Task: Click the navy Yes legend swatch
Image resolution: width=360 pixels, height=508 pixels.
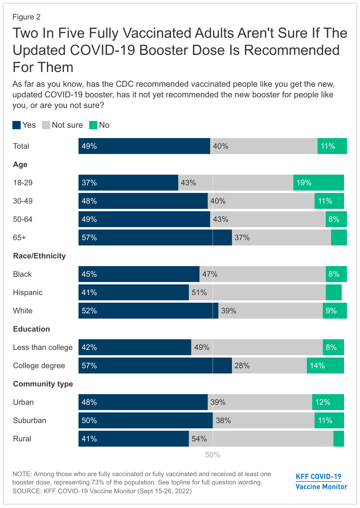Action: [x=17, y=125]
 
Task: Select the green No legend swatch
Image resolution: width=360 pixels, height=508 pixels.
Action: [x=93, y=125]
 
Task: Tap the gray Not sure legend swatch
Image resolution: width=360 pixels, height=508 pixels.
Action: [x=46, y=125]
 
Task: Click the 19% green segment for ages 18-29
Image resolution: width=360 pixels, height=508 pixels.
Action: [x=319, y=183]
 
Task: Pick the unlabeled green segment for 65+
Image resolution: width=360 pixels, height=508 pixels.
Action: [x=339, y=237]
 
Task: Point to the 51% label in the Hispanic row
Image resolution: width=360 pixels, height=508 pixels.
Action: [x=199, y=292]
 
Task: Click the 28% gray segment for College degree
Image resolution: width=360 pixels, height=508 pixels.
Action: [x=269, y=366]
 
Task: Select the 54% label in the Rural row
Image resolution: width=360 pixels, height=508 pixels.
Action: [x=199, y=439]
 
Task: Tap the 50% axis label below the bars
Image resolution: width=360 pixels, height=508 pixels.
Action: [x=212, y=455]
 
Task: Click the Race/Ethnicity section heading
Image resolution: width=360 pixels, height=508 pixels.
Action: [x=39, y=256]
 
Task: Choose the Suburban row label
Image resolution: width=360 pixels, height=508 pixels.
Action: [x=30, y=420]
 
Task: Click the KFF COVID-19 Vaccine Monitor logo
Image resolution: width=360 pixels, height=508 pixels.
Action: [x=321, y=481]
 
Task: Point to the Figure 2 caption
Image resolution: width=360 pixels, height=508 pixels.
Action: [x=26, y=17]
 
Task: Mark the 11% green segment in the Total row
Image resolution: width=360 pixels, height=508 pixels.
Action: [x=332, y=146]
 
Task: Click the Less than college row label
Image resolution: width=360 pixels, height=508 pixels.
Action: [x=42, y=347]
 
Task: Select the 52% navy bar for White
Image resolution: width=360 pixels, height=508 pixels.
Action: [x=148, y=311]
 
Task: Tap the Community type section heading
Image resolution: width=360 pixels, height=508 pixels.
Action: [x=43, y=384]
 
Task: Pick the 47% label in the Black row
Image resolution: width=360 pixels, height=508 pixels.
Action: [x=210, y=274]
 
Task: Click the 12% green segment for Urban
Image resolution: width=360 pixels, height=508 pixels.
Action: [x=328, y=402]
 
